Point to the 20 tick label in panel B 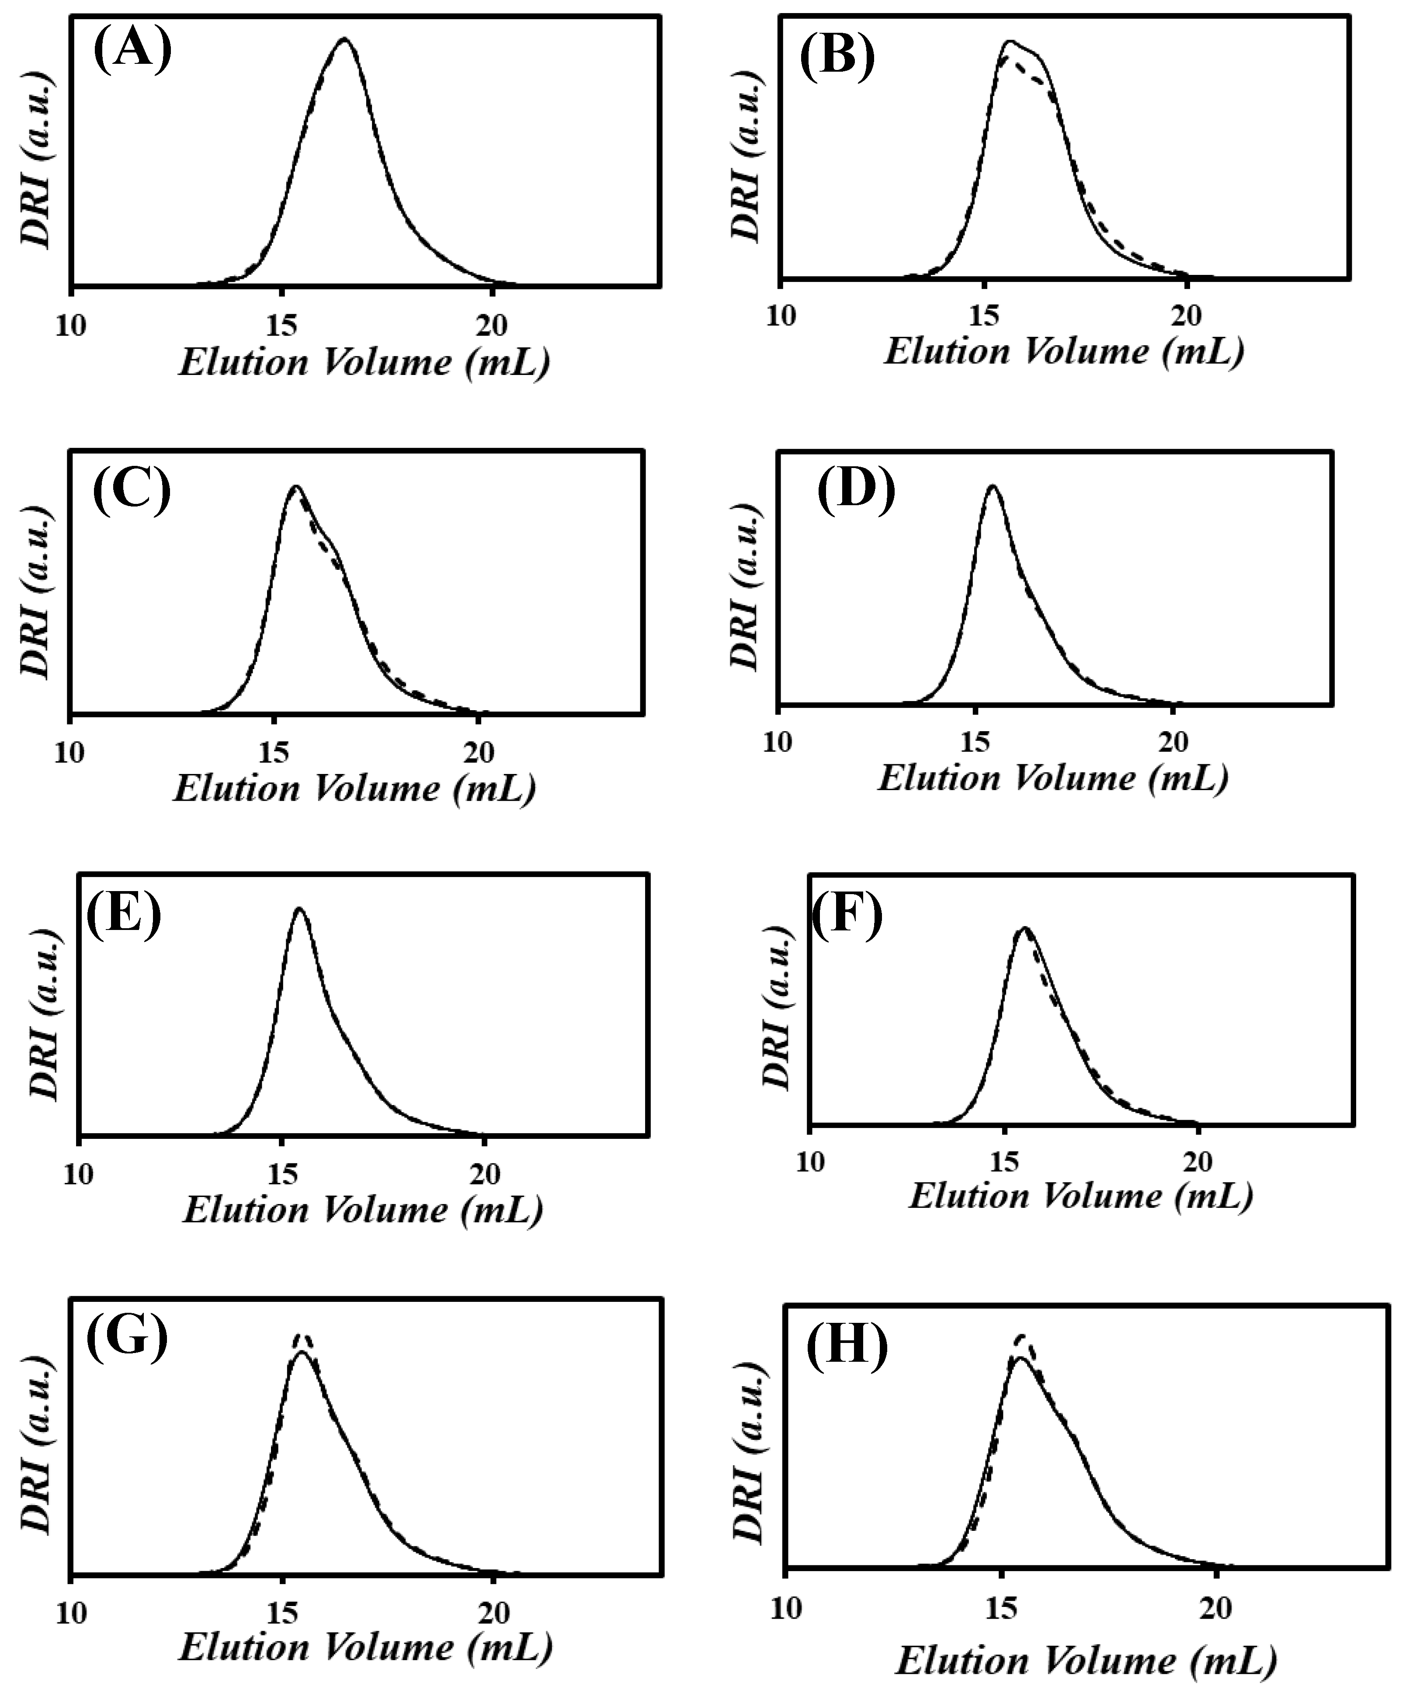(1186, 316)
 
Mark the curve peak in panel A (345, 39)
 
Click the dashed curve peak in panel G (302, 1335)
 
